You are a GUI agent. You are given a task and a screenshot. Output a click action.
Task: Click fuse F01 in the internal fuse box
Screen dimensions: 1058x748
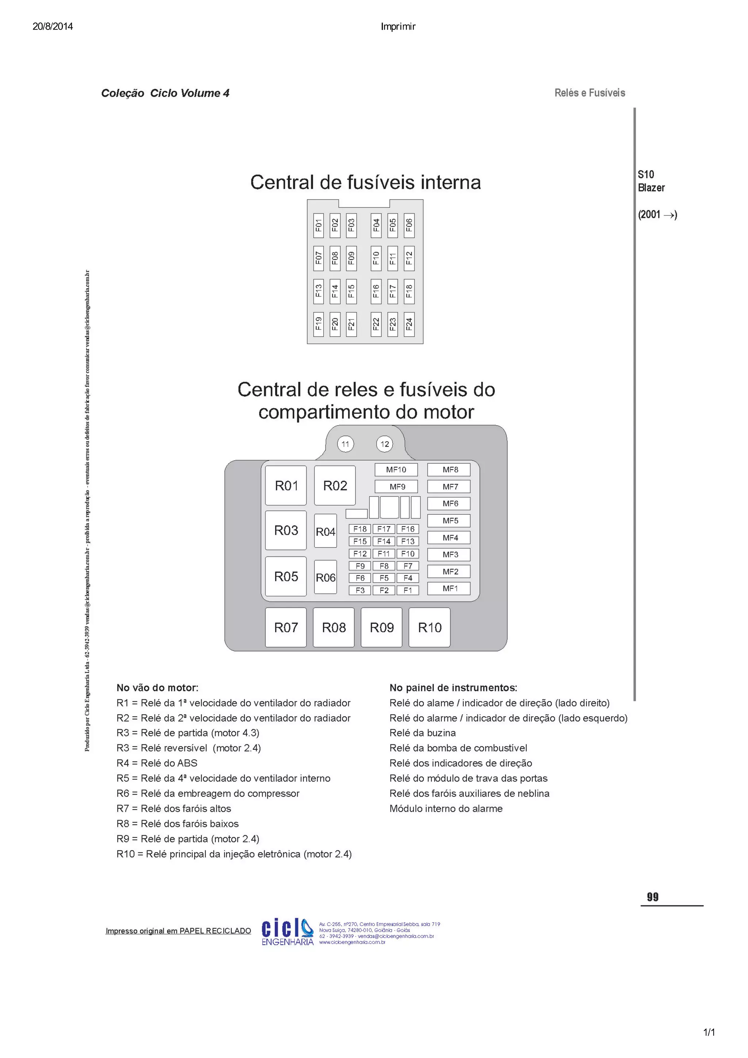coord(318,225)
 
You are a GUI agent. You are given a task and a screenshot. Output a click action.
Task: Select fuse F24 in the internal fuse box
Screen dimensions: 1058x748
coord(409,324)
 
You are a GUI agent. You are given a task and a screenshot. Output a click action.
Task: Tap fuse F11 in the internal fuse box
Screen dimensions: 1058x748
coord(392,258)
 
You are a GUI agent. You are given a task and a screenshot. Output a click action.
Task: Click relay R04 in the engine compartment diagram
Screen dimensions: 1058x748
coord(325,531)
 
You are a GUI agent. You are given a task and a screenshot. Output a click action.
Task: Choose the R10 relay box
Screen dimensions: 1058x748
coord(429,627)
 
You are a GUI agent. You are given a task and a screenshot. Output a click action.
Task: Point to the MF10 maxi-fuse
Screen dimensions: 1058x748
coord(396,469)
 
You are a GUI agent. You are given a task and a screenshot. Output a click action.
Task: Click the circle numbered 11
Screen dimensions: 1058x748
coord(345,444)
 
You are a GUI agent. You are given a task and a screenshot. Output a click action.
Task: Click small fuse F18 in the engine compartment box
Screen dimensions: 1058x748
coord(360,529)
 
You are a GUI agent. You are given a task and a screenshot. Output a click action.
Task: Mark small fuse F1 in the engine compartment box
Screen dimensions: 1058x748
coord(408,590)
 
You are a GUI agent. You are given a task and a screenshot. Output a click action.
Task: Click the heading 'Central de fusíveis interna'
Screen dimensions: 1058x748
coord(366,183)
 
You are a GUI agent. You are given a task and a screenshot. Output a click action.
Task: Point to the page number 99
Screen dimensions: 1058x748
coord(653,896)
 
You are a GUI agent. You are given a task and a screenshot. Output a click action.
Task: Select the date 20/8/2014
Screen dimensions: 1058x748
coord(53,26)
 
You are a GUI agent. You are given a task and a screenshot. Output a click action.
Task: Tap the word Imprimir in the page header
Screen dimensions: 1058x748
coord(398,27)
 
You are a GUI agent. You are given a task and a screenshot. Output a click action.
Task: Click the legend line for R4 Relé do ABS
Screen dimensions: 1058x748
coord(157,763)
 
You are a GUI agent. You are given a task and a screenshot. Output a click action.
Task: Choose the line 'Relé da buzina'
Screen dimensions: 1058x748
coord(422,733)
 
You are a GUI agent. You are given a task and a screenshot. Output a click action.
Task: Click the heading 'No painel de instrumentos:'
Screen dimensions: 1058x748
coord(453,687)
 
